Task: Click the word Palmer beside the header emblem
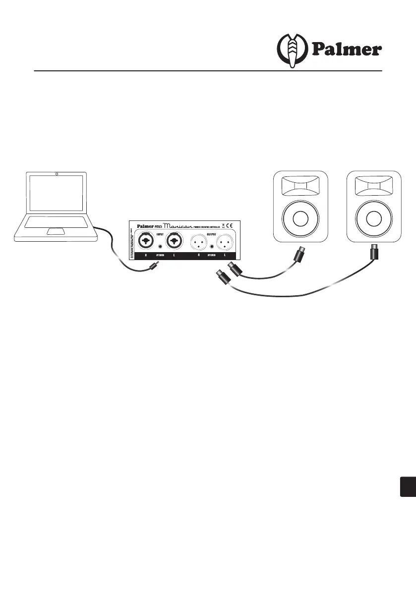(x=347, y=50)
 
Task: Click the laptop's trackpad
(x=56, y=231)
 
